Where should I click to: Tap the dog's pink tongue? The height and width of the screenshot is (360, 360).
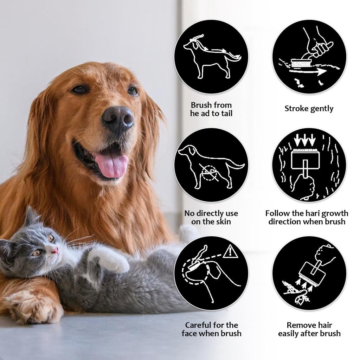click(112, 166)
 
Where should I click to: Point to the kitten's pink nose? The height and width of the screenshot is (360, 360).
click(55, 250)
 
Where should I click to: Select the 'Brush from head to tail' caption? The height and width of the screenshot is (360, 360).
click(211, 109)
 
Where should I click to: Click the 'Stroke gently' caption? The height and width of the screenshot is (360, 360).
click(309, 109)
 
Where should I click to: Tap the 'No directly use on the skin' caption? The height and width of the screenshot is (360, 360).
click(211, 217)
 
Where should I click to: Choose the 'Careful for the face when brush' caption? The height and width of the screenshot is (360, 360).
click(211, 329)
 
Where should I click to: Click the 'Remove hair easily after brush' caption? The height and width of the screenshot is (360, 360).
click(309, 329)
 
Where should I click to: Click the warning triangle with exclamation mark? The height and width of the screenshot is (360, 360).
click(230, 251)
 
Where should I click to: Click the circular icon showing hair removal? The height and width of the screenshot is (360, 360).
click(309, 273)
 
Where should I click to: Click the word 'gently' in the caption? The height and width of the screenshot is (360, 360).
click(321, 109)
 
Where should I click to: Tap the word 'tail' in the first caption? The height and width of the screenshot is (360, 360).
click(225, 114)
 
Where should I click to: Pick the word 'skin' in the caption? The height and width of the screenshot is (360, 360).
click(223, 222)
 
